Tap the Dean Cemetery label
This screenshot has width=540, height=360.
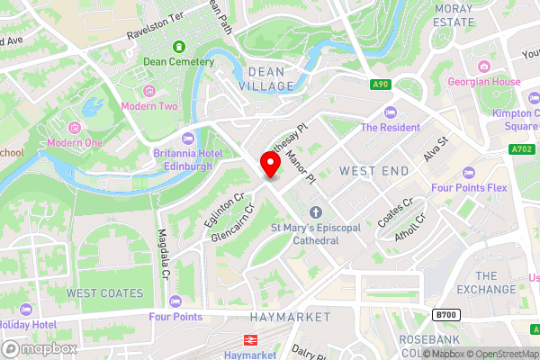179,62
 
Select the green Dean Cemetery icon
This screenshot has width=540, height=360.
179,45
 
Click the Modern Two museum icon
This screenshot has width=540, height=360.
149,91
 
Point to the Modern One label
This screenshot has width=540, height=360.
75,142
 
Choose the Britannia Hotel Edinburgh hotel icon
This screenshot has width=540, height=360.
188,138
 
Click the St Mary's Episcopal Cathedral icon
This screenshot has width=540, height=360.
315,212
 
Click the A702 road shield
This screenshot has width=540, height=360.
521,149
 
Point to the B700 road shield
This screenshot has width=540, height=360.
445,314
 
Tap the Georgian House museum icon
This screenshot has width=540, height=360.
484,66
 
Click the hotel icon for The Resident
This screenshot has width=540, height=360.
390,112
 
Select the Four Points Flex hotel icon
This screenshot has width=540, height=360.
467,173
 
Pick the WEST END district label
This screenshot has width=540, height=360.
373,170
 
